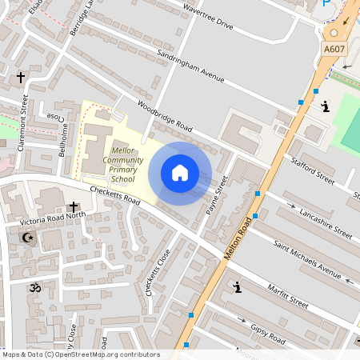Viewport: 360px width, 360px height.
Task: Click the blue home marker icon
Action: (x=180, y=173)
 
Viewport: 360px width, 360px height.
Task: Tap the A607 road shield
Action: (x=334, y=50)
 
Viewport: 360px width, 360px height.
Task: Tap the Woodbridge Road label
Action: (x=165, y=116)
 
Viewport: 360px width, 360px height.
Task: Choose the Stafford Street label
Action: (x=313, y=170)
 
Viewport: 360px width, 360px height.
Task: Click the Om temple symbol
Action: (x=34, y=286)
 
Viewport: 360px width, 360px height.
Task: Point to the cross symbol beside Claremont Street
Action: (x=21, y=78)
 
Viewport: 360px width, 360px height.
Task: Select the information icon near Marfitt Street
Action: (x=237, y=286)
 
